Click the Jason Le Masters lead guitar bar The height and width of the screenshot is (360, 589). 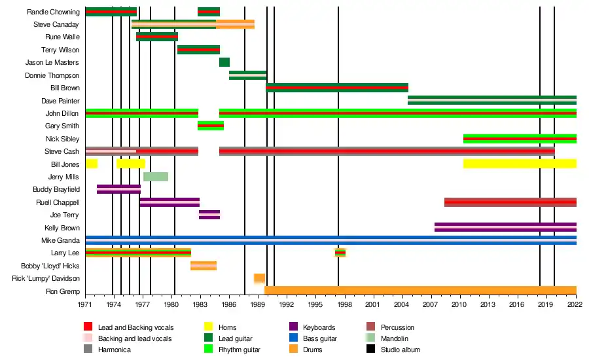[224, 62]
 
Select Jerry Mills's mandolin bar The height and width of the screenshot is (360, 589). [156, 177]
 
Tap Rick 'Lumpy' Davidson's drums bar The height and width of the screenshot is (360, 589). [259, 278]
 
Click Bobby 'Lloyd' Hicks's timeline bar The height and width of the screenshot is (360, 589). [204, 265]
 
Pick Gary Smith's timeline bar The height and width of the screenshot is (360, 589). [211, 126]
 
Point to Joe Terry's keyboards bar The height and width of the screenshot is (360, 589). [209, 215]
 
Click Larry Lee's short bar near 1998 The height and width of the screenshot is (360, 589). [340, 253]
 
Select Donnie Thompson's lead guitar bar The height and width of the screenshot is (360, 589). [248, 75]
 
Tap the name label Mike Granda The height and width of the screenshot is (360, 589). [60, 240]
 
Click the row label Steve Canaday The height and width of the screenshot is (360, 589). [56, 25]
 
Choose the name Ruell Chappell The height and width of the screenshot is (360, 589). [58, 202]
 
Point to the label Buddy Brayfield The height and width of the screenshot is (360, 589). [56, 190]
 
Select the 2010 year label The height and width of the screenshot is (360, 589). [459, 304]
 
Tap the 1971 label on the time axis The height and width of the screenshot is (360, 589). [85, 304]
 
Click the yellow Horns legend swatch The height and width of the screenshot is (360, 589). [209, 327]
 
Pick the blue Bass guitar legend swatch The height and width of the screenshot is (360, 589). [294, 338]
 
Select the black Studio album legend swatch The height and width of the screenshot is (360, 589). [371, 350]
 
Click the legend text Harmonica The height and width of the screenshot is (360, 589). [115, 350]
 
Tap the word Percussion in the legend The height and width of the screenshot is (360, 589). [397, 327]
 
